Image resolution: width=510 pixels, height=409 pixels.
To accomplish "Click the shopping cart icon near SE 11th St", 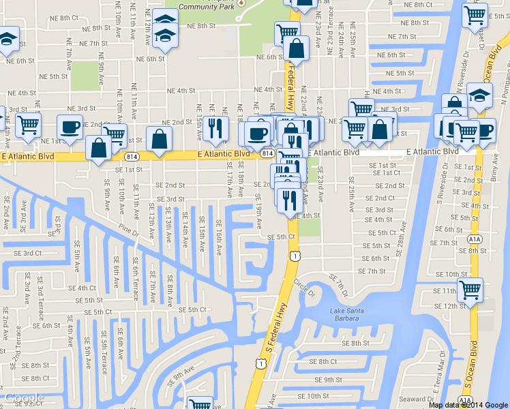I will coord(470,290).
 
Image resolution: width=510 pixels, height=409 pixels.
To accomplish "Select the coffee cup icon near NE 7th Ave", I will coord(70,127).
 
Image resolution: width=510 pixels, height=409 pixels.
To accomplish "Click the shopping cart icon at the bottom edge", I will coord(200,404).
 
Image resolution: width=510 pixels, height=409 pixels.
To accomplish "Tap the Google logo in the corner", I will coord(24,398).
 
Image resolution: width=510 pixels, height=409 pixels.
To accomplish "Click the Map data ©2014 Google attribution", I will coord(468,405).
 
